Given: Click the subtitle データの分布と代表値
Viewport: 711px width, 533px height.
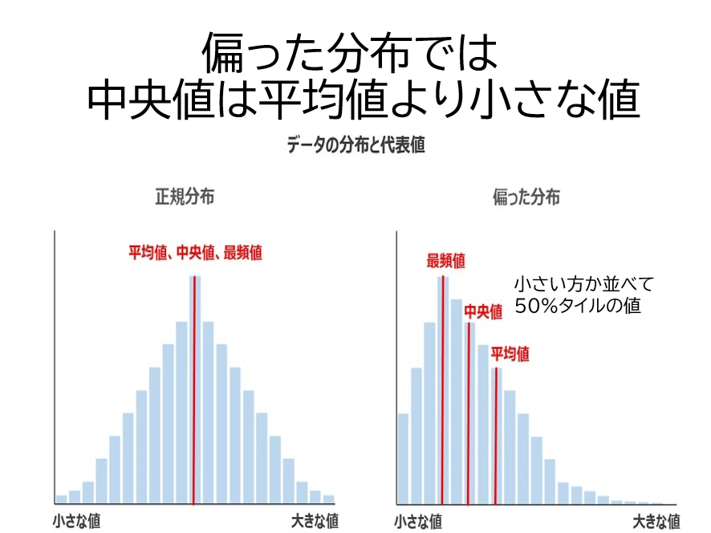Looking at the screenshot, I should click(x=355, y=145).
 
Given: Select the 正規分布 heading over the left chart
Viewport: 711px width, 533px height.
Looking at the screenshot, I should click(x=185, y=197).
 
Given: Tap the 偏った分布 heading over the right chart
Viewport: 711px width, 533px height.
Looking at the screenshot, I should click(x=526, y=197).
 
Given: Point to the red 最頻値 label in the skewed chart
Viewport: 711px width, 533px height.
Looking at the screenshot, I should click(x=445, y=261).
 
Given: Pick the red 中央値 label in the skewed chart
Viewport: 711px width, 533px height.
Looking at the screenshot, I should click(x=483, y=311).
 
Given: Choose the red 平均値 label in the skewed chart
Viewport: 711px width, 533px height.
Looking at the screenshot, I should click(x=510, y=354).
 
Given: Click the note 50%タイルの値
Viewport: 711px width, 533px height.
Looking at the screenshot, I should click(x=578, y=306).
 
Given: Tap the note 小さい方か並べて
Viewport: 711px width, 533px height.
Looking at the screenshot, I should click(x=584, y=284).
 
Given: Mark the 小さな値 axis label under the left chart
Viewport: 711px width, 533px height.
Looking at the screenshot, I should click(x=77, y=520).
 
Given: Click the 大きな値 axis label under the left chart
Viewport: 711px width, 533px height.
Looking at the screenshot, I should click(x=314, y=520).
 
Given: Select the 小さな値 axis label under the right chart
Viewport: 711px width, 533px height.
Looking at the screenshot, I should click(x=418, y=522).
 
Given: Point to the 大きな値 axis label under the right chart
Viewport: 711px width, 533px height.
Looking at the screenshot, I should click(x=656, y=522).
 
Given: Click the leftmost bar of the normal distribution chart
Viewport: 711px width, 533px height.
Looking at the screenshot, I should click(x=61, y=498).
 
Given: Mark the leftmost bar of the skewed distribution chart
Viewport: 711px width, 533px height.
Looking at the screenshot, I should click(x=403, y=458).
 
